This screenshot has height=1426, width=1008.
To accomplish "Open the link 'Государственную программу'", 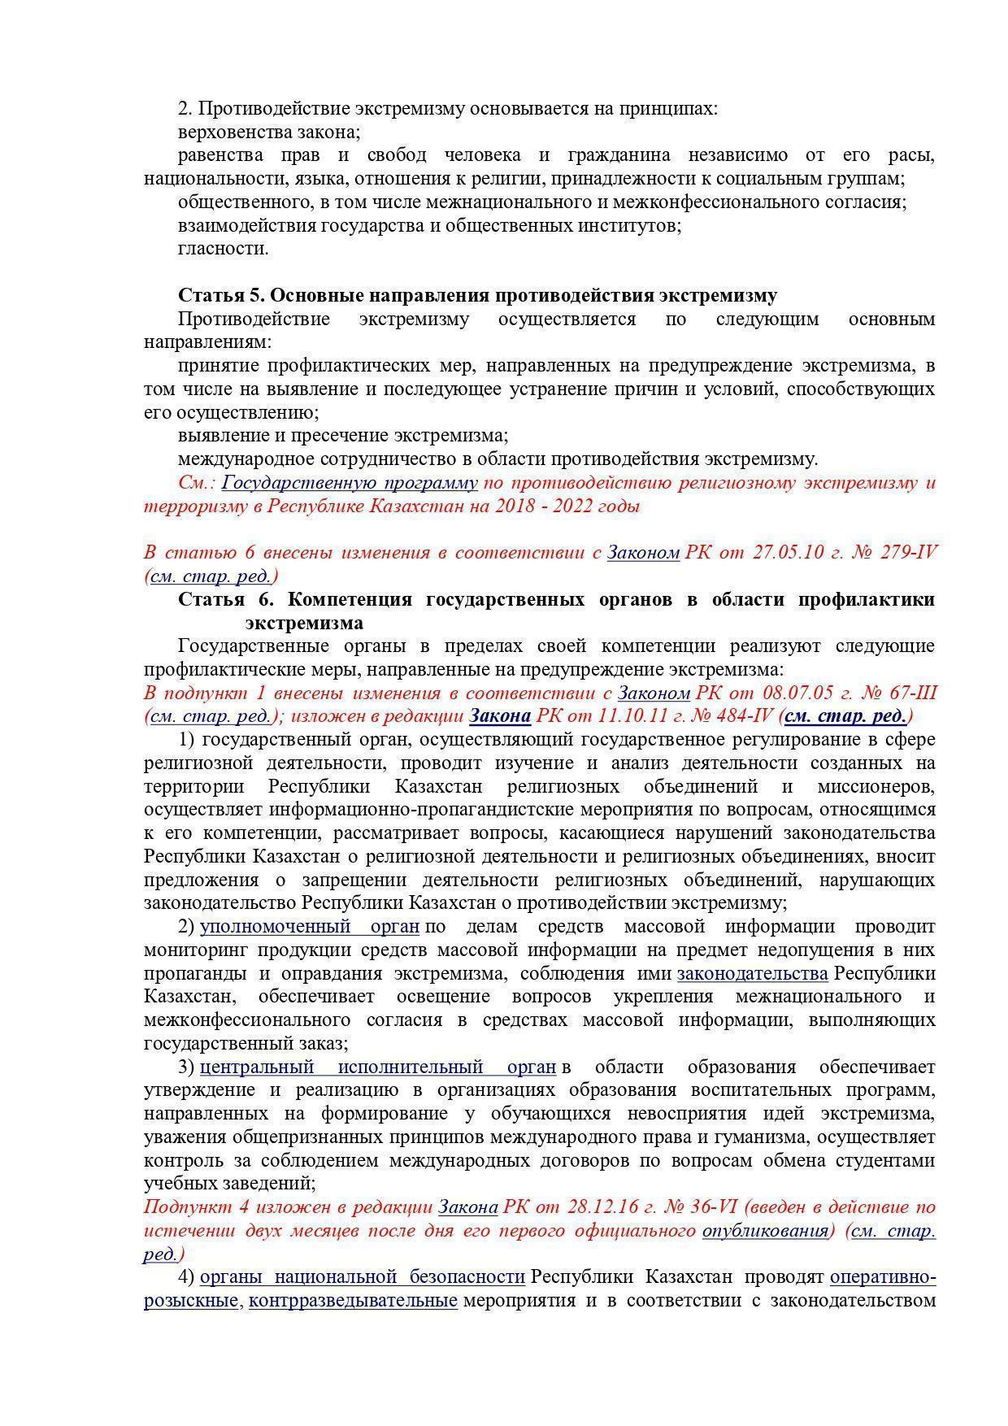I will tap(350, 483).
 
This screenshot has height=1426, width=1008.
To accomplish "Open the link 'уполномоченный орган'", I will tap(310, 927).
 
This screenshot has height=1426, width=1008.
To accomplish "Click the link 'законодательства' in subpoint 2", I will tap(752, 974).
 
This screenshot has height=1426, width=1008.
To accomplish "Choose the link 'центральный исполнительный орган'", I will tap(378, 1067).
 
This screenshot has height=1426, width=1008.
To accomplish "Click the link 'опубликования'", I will tap(764, 1230).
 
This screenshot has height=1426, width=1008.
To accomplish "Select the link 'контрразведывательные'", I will tap(353, 1300).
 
